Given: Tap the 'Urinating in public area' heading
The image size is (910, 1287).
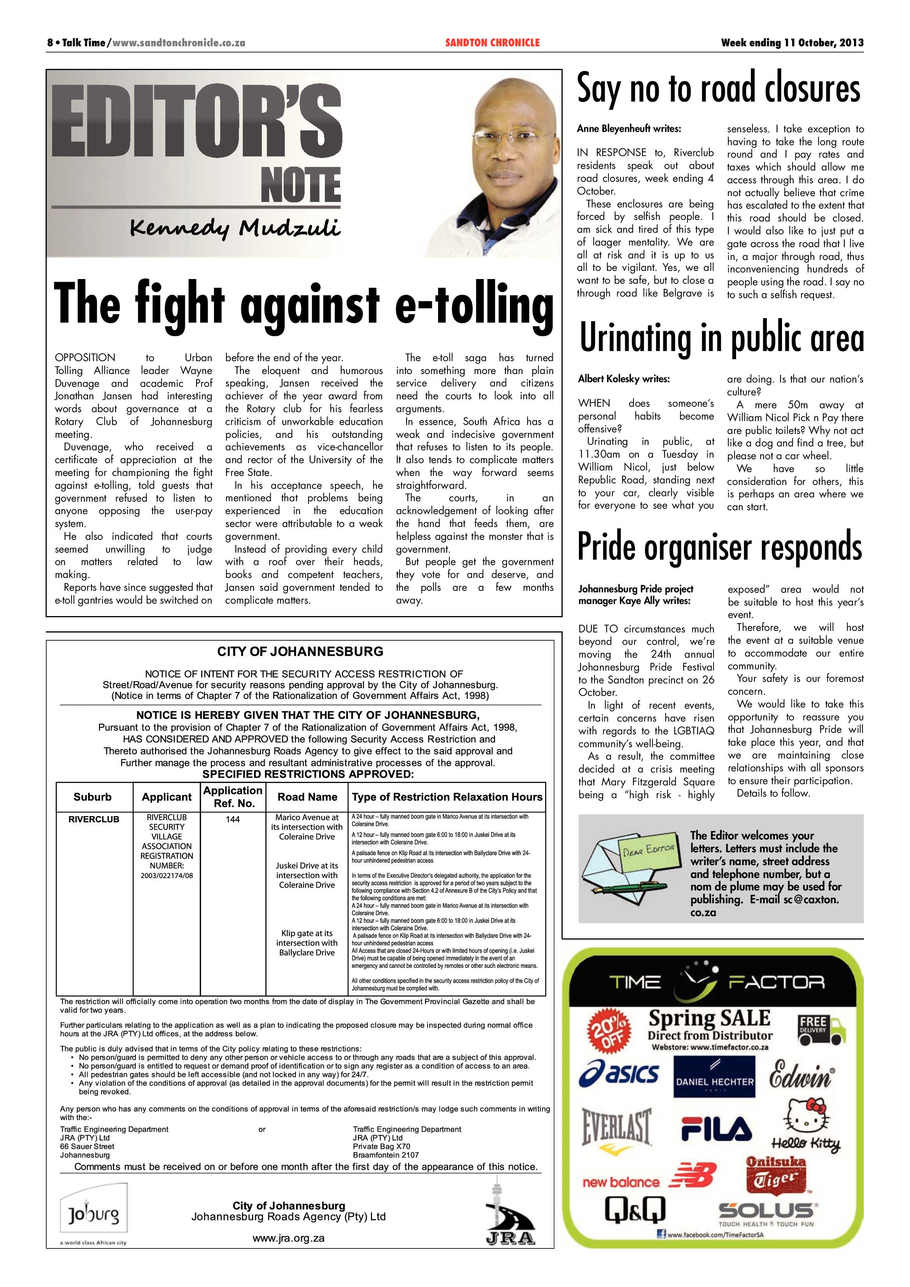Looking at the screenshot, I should (721, 339).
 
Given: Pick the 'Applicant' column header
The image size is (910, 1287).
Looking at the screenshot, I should (167, 797).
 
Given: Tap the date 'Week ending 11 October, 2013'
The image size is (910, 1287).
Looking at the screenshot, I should (792, 42).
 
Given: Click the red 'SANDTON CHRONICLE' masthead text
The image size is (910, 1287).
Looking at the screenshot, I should (492, 42).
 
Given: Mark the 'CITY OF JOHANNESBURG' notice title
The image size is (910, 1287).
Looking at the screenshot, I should (300, 651).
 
